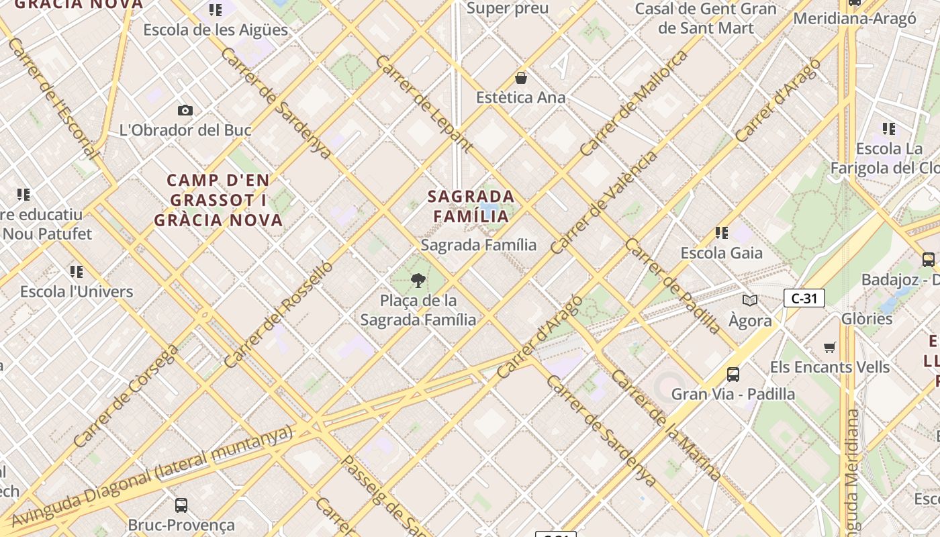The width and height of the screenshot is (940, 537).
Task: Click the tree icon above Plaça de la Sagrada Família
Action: point(418,281)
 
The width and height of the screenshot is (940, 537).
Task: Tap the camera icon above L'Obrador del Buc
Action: point(185,110)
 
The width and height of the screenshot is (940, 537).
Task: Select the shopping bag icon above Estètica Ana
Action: point(521,78)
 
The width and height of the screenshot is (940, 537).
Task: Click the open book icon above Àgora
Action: point(750,301)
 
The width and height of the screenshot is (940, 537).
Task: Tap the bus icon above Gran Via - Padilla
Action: point(733,374)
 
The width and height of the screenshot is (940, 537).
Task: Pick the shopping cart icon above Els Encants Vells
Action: point(830,347)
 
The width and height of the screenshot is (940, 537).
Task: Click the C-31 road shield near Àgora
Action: point(804,298)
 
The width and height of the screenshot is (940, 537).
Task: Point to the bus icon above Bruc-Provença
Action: point(181,505)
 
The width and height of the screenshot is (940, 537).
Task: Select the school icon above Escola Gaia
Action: point(722,233)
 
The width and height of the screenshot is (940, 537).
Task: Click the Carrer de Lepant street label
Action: point(424,103)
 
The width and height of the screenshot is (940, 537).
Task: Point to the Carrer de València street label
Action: point(604,202)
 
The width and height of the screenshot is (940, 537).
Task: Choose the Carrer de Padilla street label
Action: point(673,285)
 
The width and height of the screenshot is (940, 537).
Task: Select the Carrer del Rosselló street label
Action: point(278,314)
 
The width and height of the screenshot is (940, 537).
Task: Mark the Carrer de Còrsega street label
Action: point(126,396)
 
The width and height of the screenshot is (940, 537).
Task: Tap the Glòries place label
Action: point(866,318)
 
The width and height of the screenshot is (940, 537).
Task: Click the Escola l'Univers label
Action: point(77,291)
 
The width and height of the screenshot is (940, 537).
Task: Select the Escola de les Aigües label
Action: point(216,30)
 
